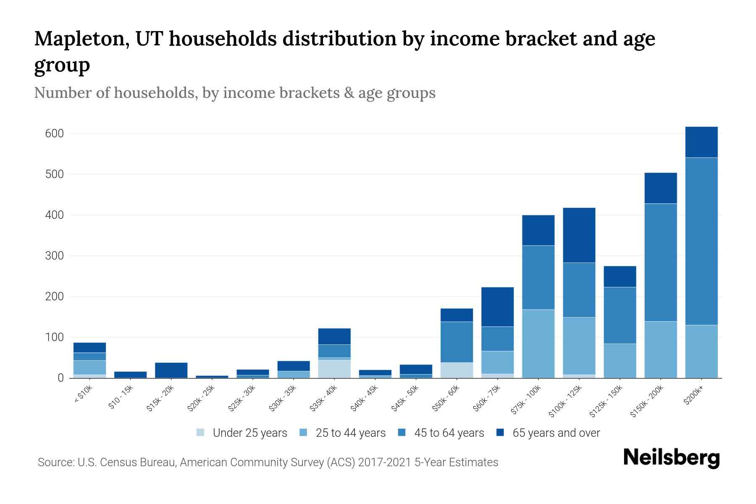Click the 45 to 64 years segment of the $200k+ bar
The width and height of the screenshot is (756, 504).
701,241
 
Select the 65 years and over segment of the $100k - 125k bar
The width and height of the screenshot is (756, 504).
579,235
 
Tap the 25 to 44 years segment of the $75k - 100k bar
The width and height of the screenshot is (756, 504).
538,344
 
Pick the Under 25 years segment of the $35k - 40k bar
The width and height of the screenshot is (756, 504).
334,369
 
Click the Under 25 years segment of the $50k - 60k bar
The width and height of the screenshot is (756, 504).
457,370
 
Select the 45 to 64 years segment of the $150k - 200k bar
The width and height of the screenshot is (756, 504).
661,262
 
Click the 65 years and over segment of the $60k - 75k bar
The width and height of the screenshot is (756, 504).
497,307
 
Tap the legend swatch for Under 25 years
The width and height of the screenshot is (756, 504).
201,433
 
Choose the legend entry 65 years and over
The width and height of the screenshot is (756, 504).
556,433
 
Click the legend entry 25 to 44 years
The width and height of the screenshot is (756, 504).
350,433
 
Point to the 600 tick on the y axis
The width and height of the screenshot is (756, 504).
54,134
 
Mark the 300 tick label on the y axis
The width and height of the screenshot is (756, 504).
54,256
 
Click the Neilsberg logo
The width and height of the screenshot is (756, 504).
671,458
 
